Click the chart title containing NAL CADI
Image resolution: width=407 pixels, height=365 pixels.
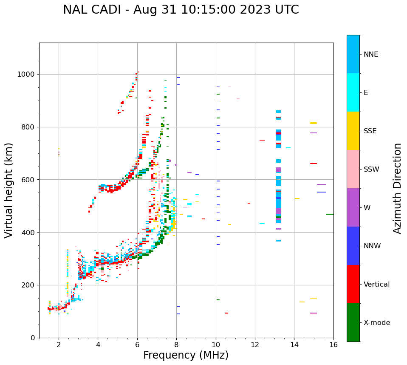(x=181, y=10)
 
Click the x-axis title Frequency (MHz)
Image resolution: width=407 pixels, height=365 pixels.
(x=186, y=355)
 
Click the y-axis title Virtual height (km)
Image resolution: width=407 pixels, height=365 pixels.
(x=9, y=190)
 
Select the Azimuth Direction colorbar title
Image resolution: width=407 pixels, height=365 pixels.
(x=397, y=188)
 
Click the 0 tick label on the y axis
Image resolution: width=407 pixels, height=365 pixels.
(x=33, y=338)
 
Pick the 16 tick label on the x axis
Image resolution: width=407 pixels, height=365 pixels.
(x=334, y=345)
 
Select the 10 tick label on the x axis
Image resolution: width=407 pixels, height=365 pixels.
(x=216, y=345)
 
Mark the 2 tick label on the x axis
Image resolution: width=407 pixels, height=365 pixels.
(x=59, y=345)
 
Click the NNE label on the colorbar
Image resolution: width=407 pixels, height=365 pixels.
(x=370, y=55)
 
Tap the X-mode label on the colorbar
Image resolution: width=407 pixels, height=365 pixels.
(x=377, y=323)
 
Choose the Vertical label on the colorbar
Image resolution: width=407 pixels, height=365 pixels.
(x=376, y=285)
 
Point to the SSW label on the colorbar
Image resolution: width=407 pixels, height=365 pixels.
(x=371, y=170)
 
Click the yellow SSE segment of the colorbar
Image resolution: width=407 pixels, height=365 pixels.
(x=353, y=131)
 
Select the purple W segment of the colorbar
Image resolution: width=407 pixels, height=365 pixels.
(x=353, y=207)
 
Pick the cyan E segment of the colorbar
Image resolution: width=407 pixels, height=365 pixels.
(x=353, y=92)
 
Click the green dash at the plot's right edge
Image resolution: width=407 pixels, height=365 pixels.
(x=330, y=214)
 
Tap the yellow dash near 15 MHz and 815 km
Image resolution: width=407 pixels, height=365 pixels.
(x=314, y=123)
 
